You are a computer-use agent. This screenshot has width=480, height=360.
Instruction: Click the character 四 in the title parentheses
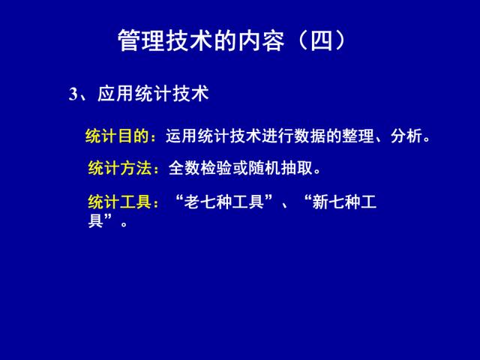[x=322, y=40]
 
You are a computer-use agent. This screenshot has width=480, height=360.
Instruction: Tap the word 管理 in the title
[x=142, y=40]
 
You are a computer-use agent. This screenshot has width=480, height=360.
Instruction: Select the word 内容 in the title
[x=262, y=40]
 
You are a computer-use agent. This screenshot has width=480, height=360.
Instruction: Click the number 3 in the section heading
[x=73, y=94]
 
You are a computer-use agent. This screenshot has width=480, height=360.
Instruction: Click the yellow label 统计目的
[x=117, y=136]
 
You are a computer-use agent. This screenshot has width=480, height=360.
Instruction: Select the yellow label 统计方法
[x=120, y=168]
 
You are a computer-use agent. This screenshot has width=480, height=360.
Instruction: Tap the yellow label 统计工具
[x=120, y=202]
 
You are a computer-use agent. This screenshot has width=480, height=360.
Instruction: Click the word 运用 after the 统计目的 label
[x=181, y=136]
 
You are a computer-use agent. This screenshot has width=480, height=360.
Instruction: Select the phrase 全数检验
[x=200, y=168]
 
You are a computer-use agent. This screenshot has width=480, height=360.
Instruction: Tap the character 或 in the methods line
[x=240, y=168]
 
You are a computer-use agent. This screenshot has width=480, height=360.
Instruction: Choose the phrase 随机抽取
[x=280, y=168]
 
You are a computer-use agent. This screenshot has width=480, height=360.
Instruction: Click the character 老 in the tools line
[x=192, y=202]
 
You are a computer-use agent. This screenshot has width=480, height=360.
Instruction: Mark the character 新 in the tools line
[x=320, y=202]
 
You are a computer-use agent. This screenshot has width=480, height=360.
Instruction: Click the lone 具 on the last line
[x=96, y=220]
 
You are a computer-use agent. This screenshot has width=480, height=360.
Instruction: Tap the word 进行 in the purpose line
[x=277, y=136]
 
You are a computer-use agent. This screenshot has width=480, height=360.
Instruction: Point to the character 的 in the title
[x=226, y=40]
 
